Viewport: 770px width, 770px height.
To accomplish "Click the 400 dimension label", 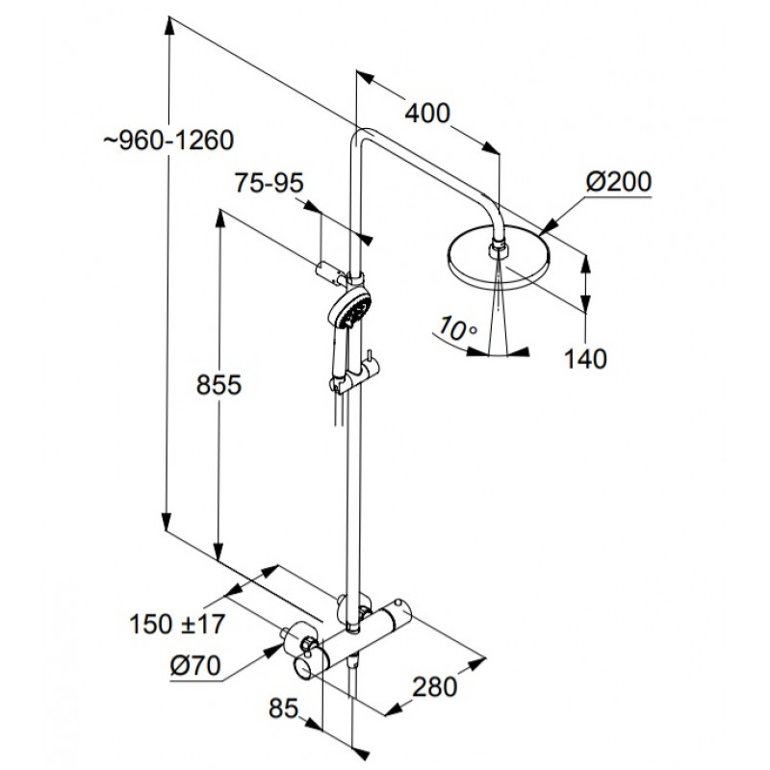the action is tap(427, 113).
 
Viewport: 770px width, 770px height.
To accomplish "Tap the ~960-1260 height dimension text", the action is tap(168, 141).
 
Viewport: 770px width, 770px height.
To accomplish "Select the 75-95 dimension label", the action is tap(269, 183).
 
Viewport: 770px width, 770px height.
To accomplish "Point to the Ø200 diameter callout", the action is tap(619, 182).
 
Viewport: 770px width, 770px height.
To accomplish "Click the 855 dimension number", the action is tap(218, 384).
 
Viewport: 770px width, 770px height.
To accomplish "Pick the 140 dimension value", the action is tap(585, 359).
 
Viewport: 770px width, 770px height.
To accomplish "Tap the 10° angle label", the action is tap(456, 328).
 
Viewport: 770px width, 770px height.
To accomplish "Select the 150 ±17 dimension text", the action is tap(177, 624).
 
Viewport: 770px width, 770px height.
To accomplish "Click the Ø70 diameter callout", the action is tap(195, 666).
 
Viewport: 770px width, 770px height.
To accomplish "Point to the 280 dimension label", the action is tap(435, 686).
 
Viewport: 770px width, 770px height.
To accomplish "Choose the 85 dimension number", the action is tap(283, 708).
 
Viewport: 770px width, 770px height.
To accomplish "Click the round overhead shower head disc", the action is tap(499, 257).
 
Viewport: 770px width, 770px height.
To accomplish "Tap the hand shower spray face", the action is tap(351, 307).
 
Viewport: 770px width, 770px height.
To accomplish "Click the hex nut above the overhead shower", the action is tap(499, 249).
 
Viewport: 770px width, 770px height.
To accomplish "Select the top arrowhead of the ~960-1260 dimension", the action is tap(169, 26).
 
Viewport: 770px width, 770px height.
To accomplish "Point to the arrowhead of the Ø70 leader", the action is tap(275, 651).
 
